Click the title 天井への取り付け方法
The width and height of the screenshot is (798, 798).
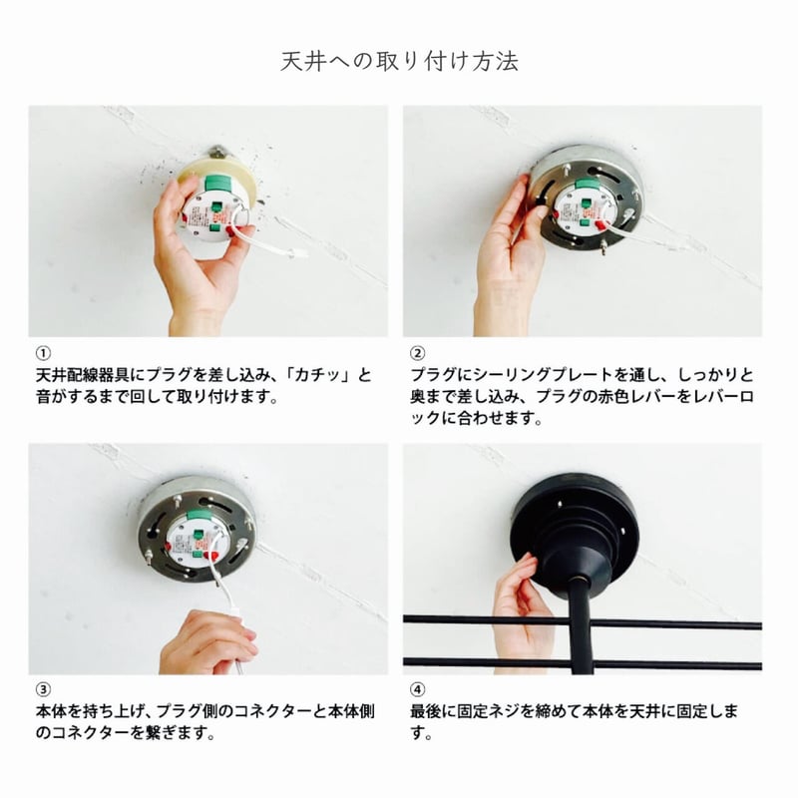(400, 61)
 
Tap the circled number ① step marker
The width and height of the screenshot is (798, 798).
(43, 353)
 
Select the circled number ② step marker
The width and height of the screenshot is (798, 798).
(417, 353)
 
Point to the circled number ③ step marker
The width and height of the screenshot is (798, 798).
(43, 689)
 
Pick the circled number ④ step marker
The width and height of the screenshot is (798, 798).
(417, 689)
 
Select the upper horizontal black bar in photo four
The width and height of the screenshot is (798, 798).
(583, 621)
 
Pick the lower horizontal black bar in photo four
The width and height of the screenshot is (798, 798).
(583, 663)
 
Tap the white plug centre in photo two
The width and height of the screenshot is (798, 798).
(585, 209)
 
